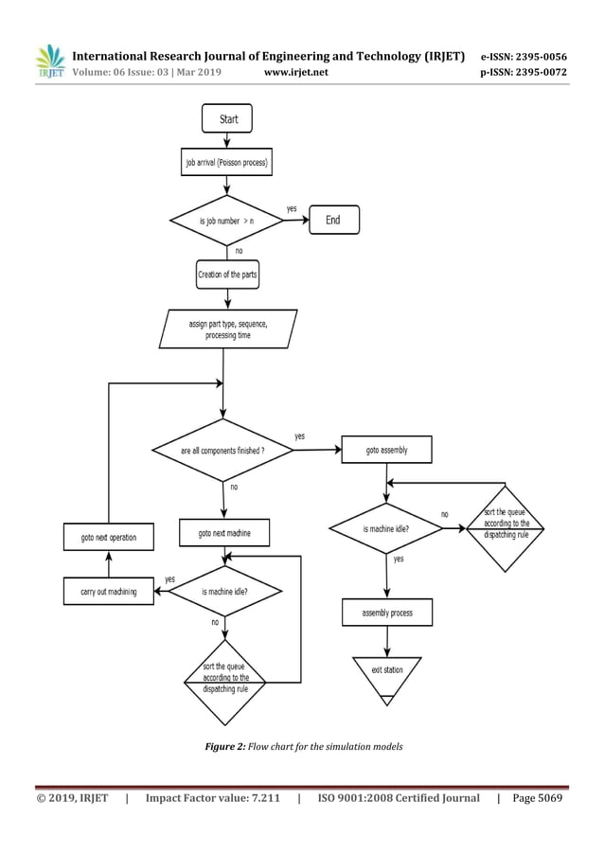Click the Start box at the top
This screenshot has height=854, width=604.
coord(227,119)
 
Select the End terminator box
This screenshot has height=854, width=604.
coord(332,220)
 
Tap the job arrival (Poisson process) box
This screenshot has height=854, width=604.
coord(226,163)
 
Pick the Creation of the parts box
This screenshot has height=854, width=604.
coord(226,276)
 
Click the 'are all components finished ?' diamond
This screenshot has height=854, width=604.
coord(222,451)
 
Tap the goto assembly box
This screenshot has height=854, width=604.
coord(386,450)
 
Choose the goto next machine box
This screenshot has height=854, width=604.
coord(224,533)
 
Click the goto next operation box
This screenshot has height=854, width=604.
coord(108,537)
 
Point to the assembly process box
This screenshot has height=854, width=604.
coord(386,613)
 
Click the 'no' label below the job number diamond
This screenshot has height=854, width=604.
coord(239,251)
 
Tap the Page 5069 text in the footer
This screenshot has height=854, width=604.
coord(537,798)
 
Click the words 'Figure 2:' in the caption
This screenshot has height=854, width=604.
coord(225,747)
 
